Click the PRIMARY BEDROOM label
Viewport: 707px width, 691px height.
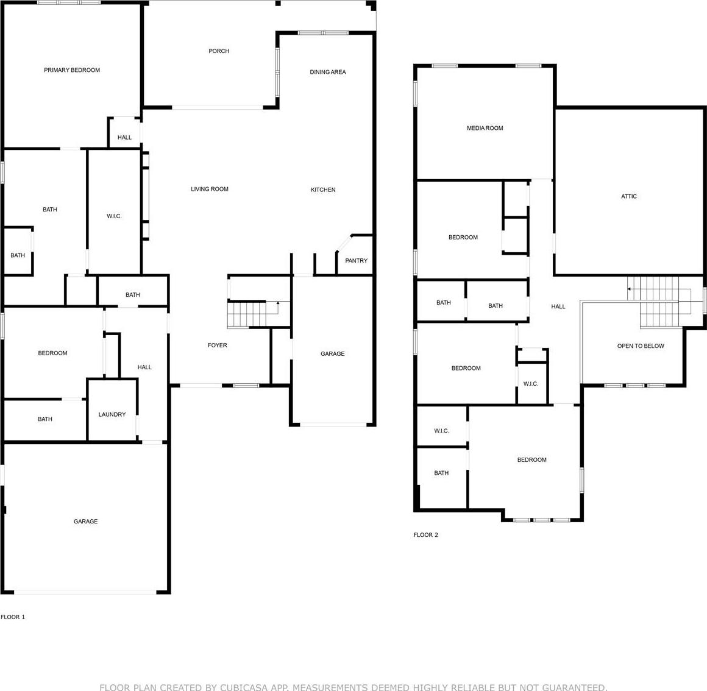tap(72, 70)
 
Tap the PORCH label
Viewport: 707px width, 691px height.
tap(219, 51)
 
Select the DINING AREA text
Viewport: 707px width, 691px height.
tap(328, 72)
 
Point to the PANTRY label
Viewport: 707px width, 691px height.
tap(356, 261)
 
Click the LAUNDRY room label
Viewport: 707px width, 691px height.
tap(112, 414)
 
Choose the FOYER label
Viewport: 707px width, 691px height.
tap(218, 345)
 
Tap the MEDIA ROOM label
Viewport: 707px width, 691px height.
tap(485, 128)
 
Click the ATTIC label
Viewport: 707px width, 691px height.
tap(629, 196)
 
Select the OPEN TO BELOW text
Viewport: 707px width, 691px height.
tap(641, 345)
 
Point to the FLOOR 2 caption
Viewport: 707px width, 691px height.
tap(425, 534)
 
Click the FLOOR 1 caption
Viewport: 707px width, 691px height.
tap(13, 617)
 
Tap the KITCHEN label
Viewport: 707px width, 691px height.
tap(323, 190)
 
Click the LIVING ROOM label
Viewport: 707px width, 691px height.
tap(209, 189)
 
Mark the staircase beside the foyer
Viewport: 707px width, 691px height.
tap(253, 314)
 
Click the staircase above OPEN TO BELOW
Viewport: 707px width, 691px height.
tap(659, 302)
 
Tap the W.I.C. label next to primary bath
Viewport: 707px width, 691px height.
tap(114, 216)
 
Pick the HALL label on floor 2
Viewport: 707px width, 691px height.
tap(558, 307)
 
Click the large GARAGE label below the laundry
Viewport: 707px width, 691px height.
tap(86, 522)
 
